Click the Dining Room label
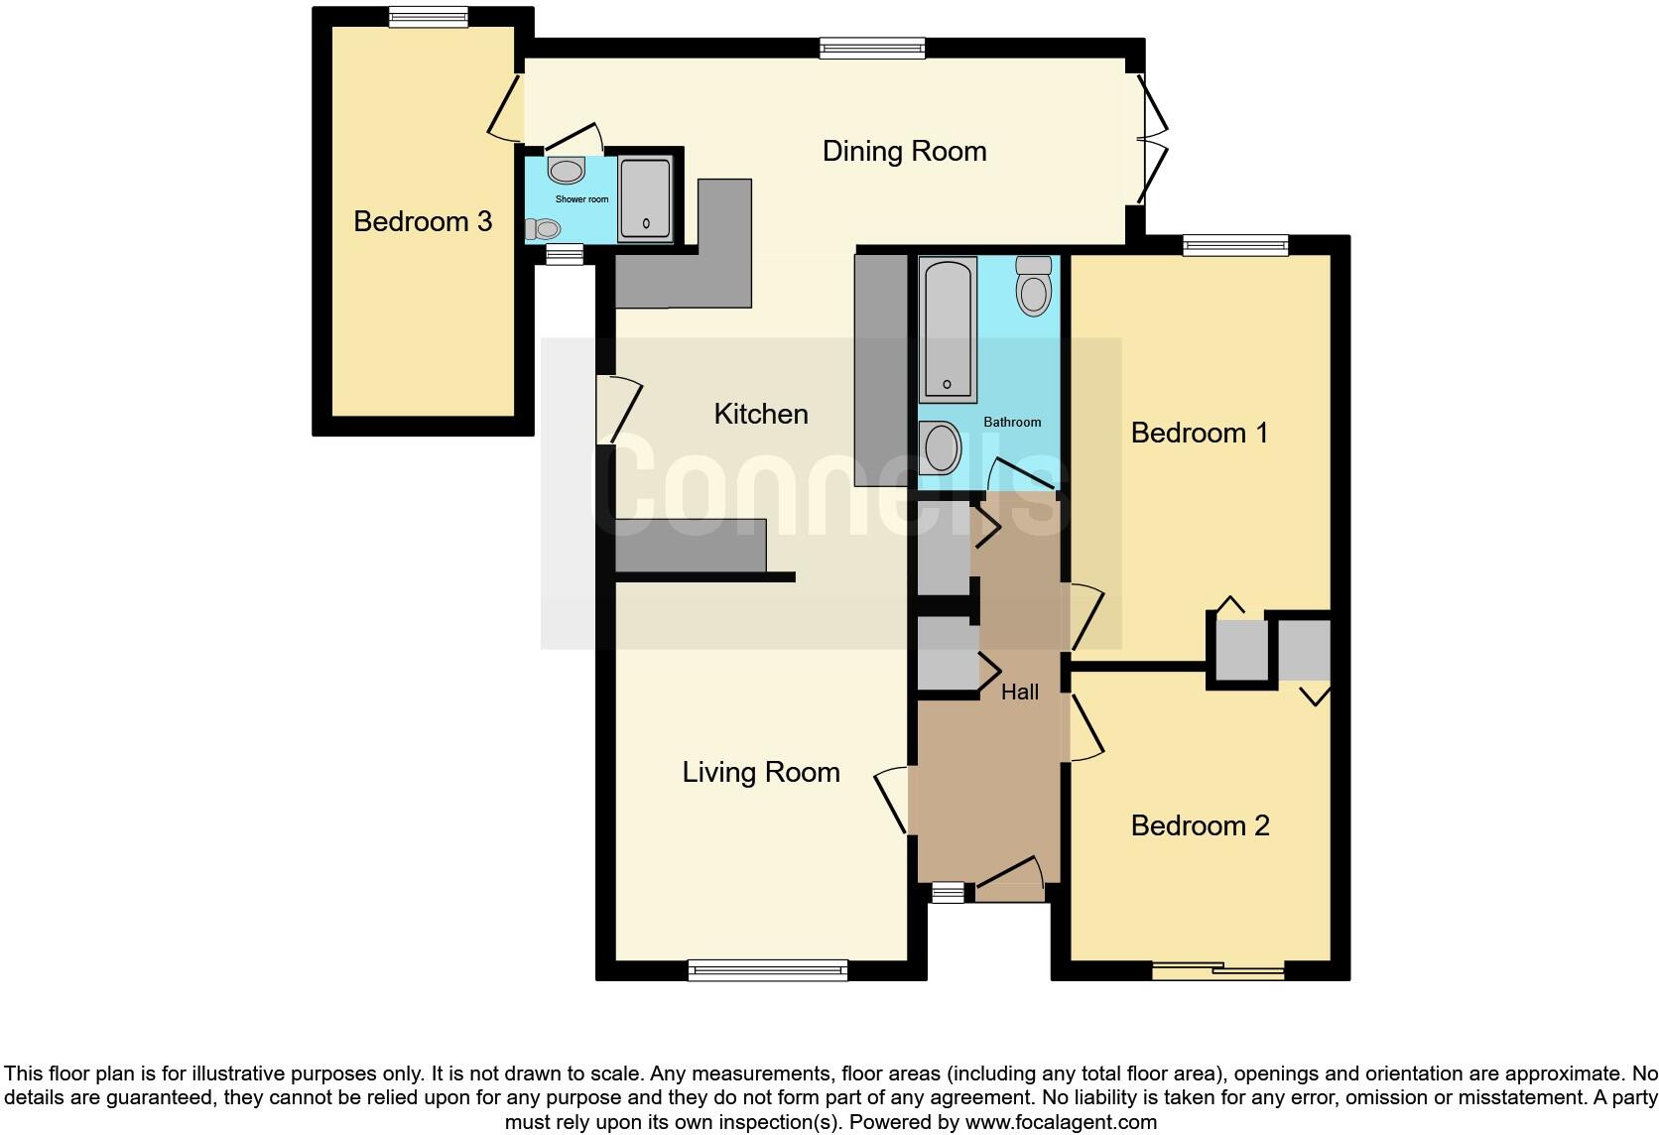(x=904, y=152)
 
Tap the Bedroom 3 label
(x=423, y=221)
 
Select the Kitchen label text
(x=761, y=414)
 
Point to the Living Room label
(x=761, y=773)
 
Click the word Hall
(x=1020, y=693)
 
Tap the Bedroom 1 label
(x=1200, y=433)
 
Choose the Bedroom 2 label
(x=1200, y=825)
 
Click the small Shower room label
(x=582, y=199)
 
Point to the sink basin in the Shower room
(x=567, y=171)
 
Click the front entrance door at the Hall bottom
(x=1010, y=881)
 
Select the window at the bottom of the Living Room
(x=768, y=969)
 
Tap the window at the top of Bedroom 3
(x=428, y=17)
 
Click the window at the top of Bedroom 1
(x=1235, y=245)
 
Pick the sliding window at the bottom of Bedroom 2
(x=1218, y=970)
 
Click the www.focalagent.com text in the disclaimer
(x=1061, y=1123)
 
